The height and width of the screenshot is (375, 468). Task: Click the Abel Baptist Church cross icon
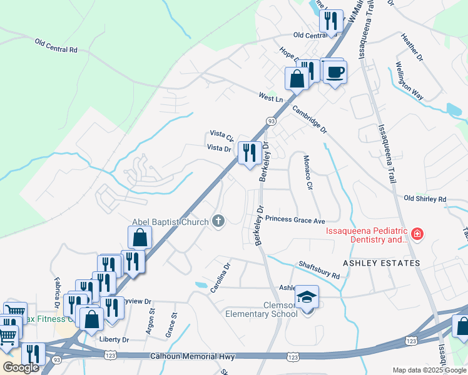point(218,221)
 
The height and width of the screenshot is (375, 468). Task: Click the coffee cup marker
point(334,71)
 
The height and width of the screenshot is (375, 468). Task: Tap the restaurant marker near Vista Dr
point(250,152)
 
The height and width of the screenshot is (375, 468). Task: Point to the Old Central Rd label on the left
point(56,46)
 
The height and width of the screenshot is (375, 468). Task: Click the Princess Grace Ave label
point(295,220)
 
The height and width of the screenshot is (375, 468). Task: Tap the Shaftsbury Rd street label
point(318,271)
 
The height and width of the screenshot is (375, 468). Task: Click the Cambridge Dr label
point(309,119)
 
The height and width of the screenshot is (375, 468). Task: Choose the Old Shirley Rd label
point(425,199)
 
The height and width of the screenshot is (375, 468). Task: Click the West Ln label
point(271,98)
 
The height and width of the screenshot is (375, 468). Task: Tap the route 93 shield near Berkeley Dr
point(270,121)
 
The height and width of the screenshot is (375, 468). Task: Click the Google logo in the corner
point(21,367)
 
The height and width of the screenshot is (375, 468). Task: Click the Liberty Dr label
point(114,340)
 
